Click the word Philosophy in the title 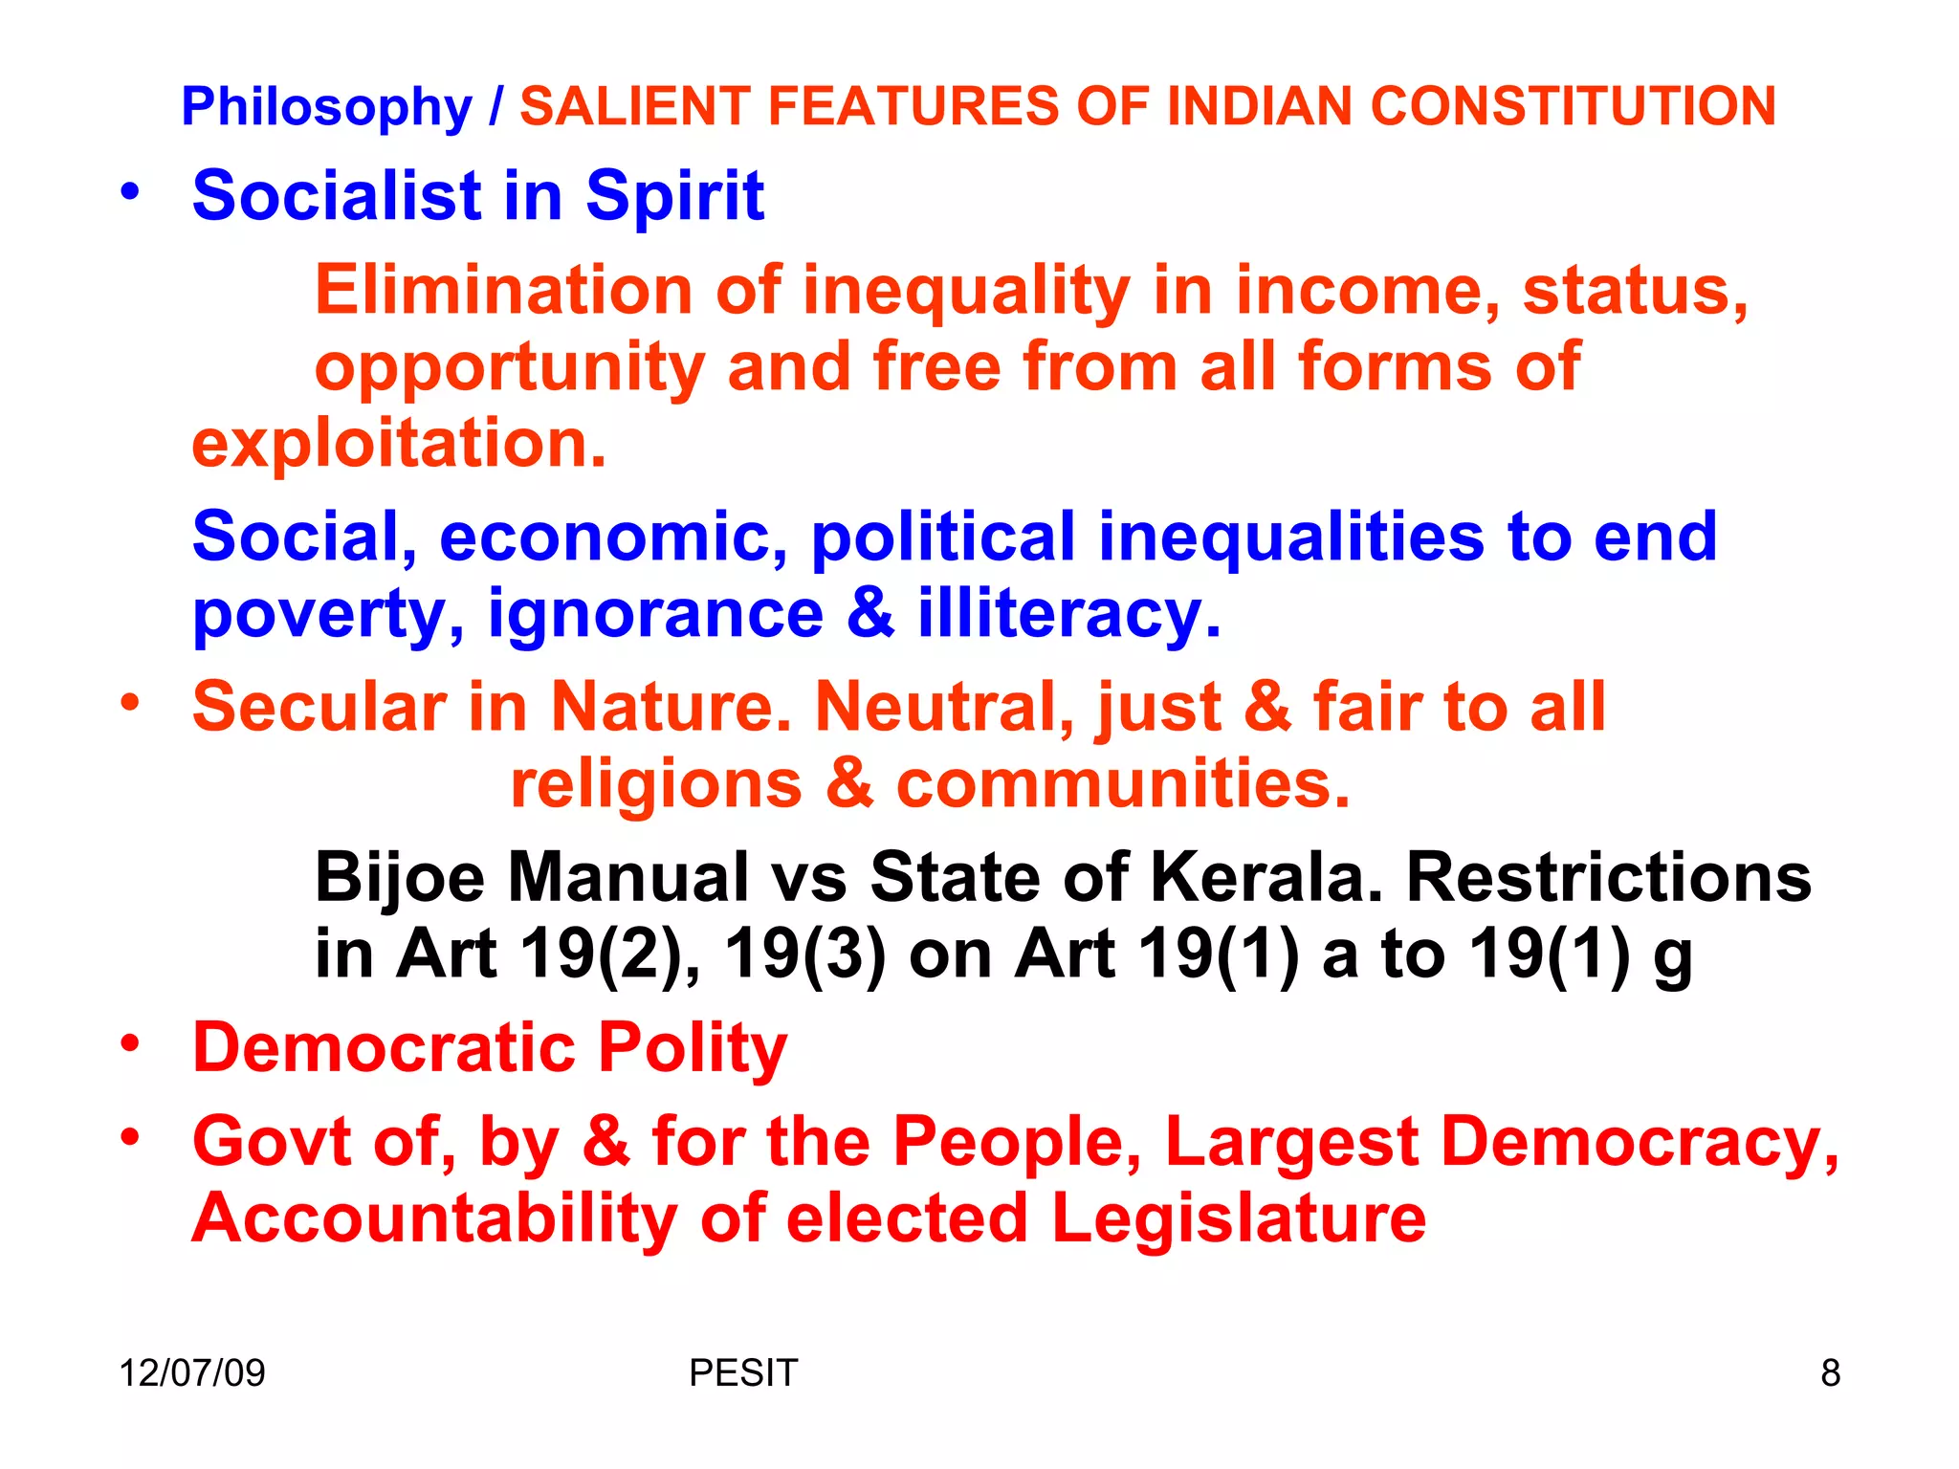point(326,107)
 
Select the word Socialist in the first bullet point(336,196)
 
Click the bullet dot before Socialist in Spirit point(130,190)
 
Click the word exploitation point(399,444)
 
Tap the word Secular point(319,708)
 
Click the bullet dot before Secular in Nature point(130,702)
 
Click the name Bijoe point(400,878)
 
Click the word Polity point(692,1048)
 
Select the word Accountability point(434,1218)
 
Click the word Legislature point(1239,1218)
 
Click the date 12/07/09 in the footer point(191,1373)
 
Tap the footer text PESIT point(742,1373)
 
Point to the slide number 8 point(1830,1373)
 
